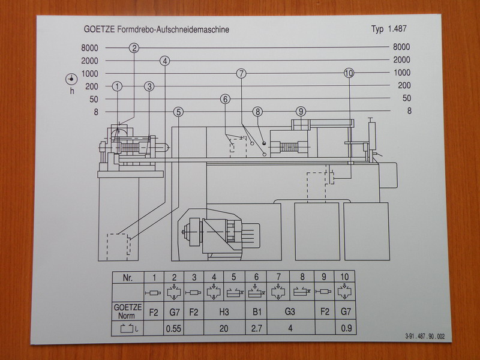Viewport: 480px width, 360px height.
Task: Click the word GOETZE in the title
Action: click(x=100, y=29)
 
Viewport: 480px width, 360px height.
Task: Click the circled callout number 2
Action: click(x=134, y=48)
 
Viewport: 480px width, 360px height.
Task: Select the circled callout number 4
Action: click(x=165, y=61)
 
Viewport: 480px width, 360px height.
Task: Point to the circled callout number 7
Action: click(x=241, y=74)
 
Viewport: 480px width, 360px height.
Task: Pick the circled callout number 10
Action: click(x=349, y=73)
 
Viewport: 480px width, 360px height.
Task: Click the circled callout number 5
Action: click(x=178, y=112)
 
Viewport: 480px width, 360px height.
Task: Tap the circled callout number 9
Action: click(x=301, y=111)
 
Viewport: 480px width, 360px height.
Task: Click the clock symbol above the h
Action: click(x=71, y=79)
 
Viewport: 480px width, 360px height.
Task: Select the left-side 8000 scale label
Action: click(x=89, y=47)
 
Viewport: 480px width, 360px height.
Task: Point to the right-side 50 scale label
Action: click(x=406, y=98)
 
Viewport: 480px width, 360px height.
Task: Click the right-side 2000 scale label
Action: click(x=401, y=60)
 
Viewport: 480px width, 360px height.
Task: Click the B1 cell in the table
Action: click(x=256, y=312)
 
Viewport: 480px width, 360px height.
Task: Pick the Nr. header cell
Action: click(x=127, y=278)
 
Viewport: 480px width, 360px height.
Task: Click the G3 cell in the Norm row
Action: click(x=290, y=312)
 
